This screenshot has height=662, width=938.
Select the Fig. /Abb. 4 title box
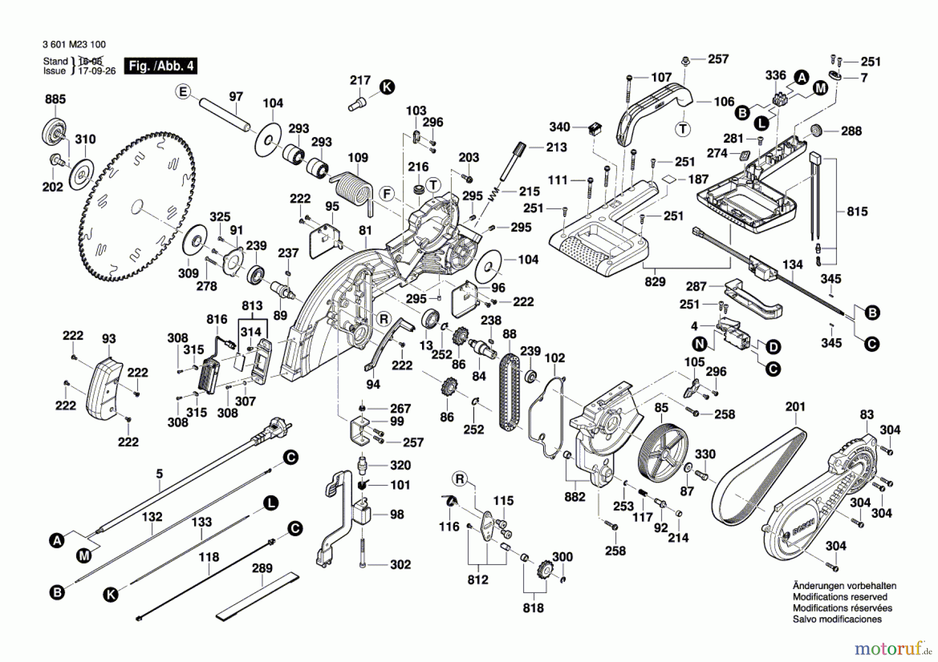(x=161, y=66)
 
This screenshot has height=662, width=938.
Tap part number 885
(x=55, y=99)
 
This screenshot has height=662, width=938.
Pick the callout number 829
(x=655, y=282)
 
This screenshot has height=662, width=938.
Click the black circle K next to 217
(x=387, y=87)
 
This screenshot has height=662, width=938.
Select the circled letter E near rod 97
(x=182, y=92)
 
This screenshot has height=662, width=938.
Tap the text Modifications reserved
(x=840, y=597)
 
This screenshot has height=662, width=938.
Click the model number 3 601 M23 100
(x=74, y=45)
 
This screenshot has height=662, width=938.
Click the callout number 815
(x=857, y=211)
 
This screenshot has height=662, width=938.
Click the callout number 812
(x=478, y=580)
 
